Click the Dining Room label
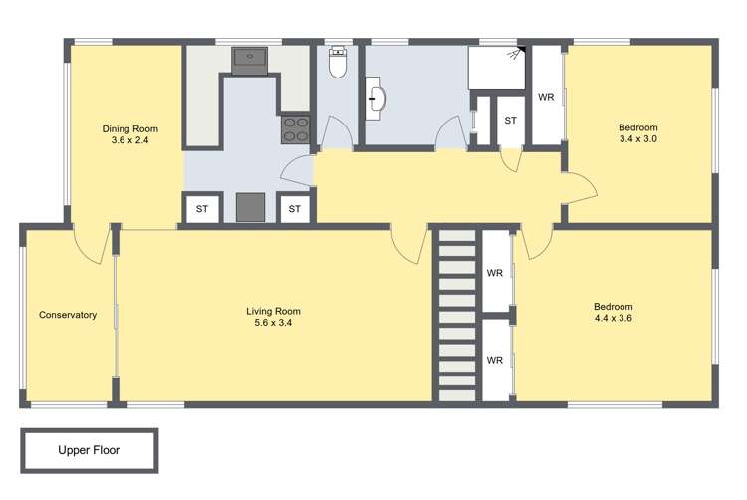pyautogui.click(x=129, y=128)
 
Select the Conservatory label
pyautogui.click(x=68, y=315)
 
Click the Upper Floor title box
pyautogui.click(x=89, y=450)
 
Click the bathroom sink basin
pyautogui.click(x=377, y=99)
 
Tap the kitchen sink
pyautogui.click(x=249, y=59)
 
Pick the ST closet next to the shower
pyautogui.click(x=510, y=121)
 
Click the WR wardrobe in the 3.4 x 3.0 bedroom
pyautogui.click(x=546, y=97)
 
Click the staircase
pyautogui.click(x=457, y=315)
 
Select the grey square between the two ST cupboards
pyautogui.click(x=250, y=208)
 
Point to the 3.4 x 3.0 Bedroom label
pyautogui.click(x=637, y=127)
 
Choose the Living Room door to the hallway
pyautogui.click(x=408, y=245)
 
